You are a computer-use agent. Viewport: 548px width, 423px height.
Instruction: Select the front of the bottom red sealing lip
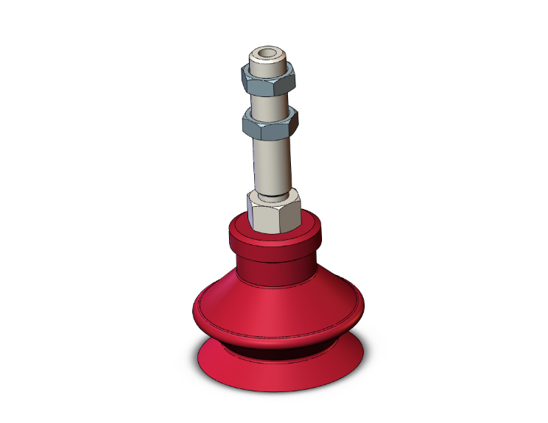click(x=280, y=375)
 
